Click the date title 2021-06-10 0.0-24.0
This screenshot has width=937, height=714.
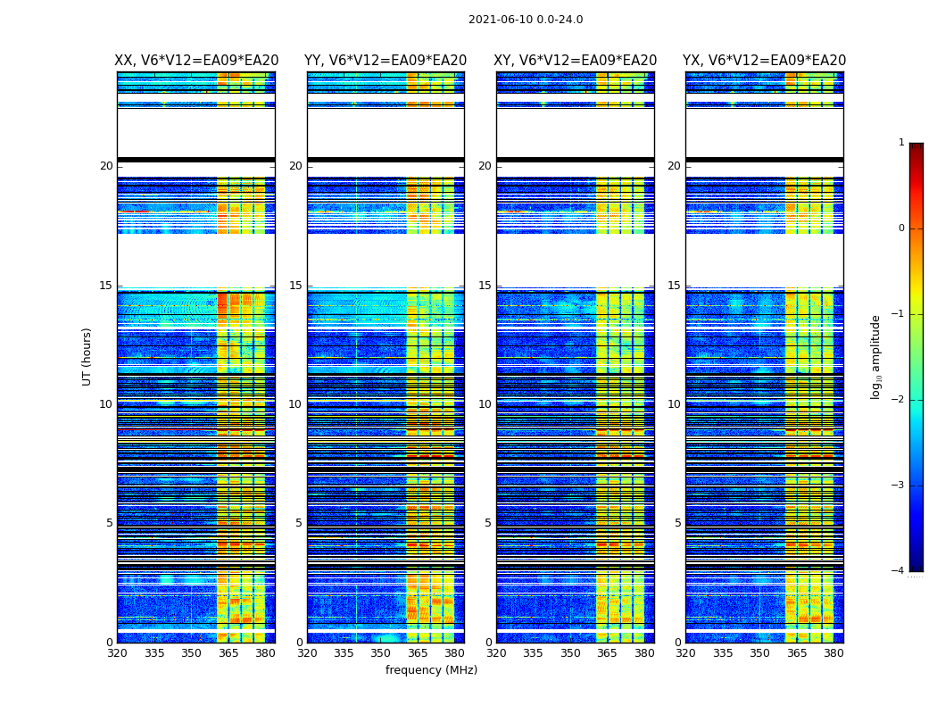(x=526, y=20)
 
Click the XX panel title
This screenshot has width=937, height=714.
(x=196, y=61)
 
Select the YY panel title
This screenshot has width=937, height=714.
(x=386, y=61)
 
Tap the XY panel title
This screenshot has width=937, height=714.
(x=575, y=61)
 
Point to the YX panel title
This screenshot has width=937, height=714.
(x=764, y=61)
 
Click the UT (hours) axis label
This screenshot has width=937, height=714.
(x=87, y=356)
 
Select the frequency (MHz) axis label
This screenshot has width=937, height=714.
(x=431, y=670)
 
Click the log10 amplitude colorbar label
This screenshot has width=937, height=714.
(x=876, y=356)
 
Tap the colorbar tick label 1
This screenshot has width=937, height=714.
(x=901, y=143)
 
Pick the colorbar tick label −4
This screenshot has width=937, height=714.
(x=899, y=571)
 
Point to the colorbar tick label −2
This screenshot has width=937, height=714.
(x=899, y=400)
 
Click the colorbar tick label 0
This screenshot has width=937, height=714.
(x=901, y=228)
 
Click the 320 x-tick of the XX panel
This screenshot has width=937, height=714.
(x=117, y=653)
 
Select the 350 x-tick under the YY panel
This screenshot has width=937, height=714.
(x=381, y=653)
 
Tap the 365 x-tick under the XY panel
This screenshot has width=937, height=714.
(x=608, y=653)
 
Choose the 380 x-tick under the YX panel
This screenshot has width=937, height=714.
(x=833, y=653)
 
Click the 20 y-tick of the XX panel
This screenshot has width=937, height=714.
(x=106, y=166)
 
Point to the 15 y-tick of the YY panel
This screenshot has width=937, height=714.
(x=295, y=286)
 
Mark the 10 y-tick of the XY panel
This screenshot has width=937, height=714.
(x=485, y=404)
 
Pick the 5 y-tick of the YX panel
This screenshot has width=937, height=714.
(x=677, y=523)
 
